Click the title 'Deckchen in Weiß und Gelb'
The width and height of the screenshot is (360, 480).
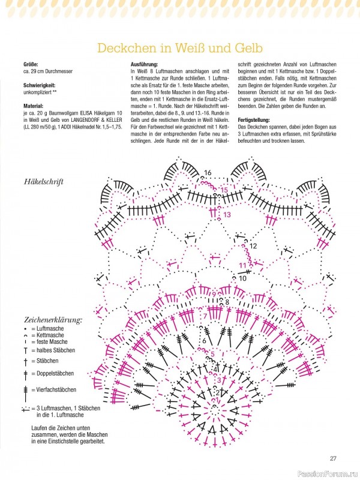[x=179, y=47]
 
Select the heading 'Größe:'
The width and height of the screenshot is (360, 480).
[x=31, y=64]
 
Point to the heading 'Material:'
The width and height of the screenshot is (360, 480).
[x=34, y=106]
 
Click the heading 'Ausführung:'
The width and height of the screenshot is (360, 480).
[x=144, y=64]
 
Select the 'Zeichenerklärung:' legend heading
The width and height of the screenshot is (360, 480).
[x=53, y=320]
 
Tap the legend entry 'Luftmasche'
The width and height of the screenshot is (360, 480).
[x=47, y=329]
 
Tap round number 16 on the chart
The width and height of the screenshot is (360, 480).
[x=208, y=173]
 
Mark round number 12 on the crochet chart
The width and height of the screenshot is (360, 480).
[x=253, y=246]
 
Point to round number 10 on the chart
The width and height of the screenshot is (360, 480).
[x=242, y=278]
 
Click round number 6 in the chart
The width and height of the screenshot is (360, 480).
[x=204, y=341]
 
